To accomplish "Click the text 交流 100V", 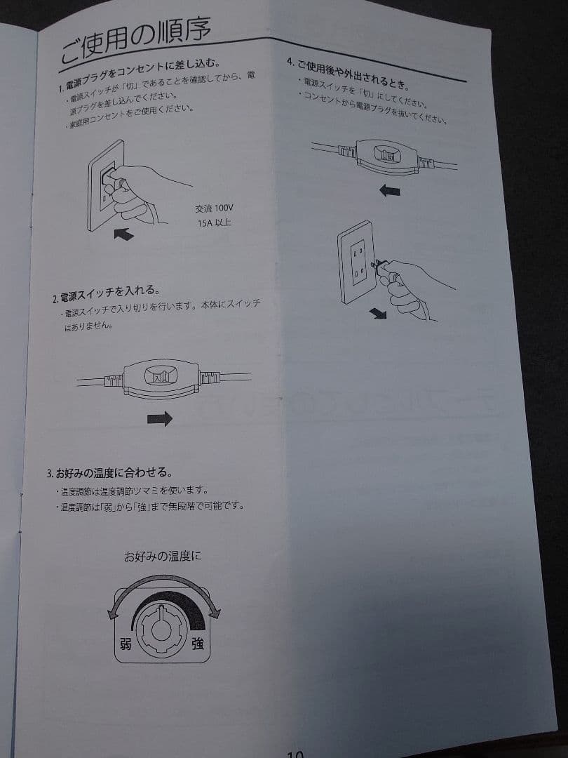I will [215, 208].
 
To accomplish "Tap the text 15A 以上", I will [215, 223].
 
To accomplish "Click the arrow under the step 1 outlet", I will [123, 236].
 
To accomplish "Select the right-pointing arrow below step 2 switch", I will [159, 419].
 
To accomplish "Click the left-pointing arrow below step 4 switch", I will [389, 190].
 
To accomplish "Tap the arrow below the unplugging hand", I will [379, 314].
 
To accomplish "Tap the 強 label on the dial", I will [198, 643].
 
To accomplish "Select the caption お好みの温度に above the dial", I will [162, 557].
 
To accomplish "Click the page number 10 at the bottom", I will [295, 752].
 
